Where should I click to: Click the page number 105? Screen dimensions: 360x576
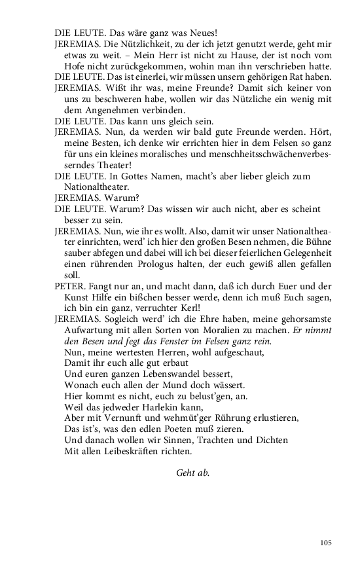[x=326, y=543]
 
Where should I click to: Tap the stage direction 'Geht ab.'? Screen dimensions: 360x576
[x=193, y=473]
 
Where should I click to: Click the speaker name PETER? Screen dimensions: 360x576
[x=68, y=286]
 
